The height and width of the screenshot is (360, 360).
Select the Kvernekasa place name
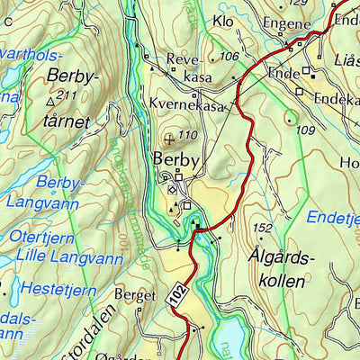tap(186, 104)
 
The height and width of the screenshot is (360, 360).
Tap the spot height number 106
tap(229, 58)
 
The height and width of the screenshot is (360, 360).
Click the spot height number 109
tap(304, 130)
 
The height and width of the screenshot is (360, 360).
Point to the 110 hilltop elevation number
tap(187, 136)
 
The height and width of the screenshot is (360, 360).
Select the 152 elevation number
tap(263, 228)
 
